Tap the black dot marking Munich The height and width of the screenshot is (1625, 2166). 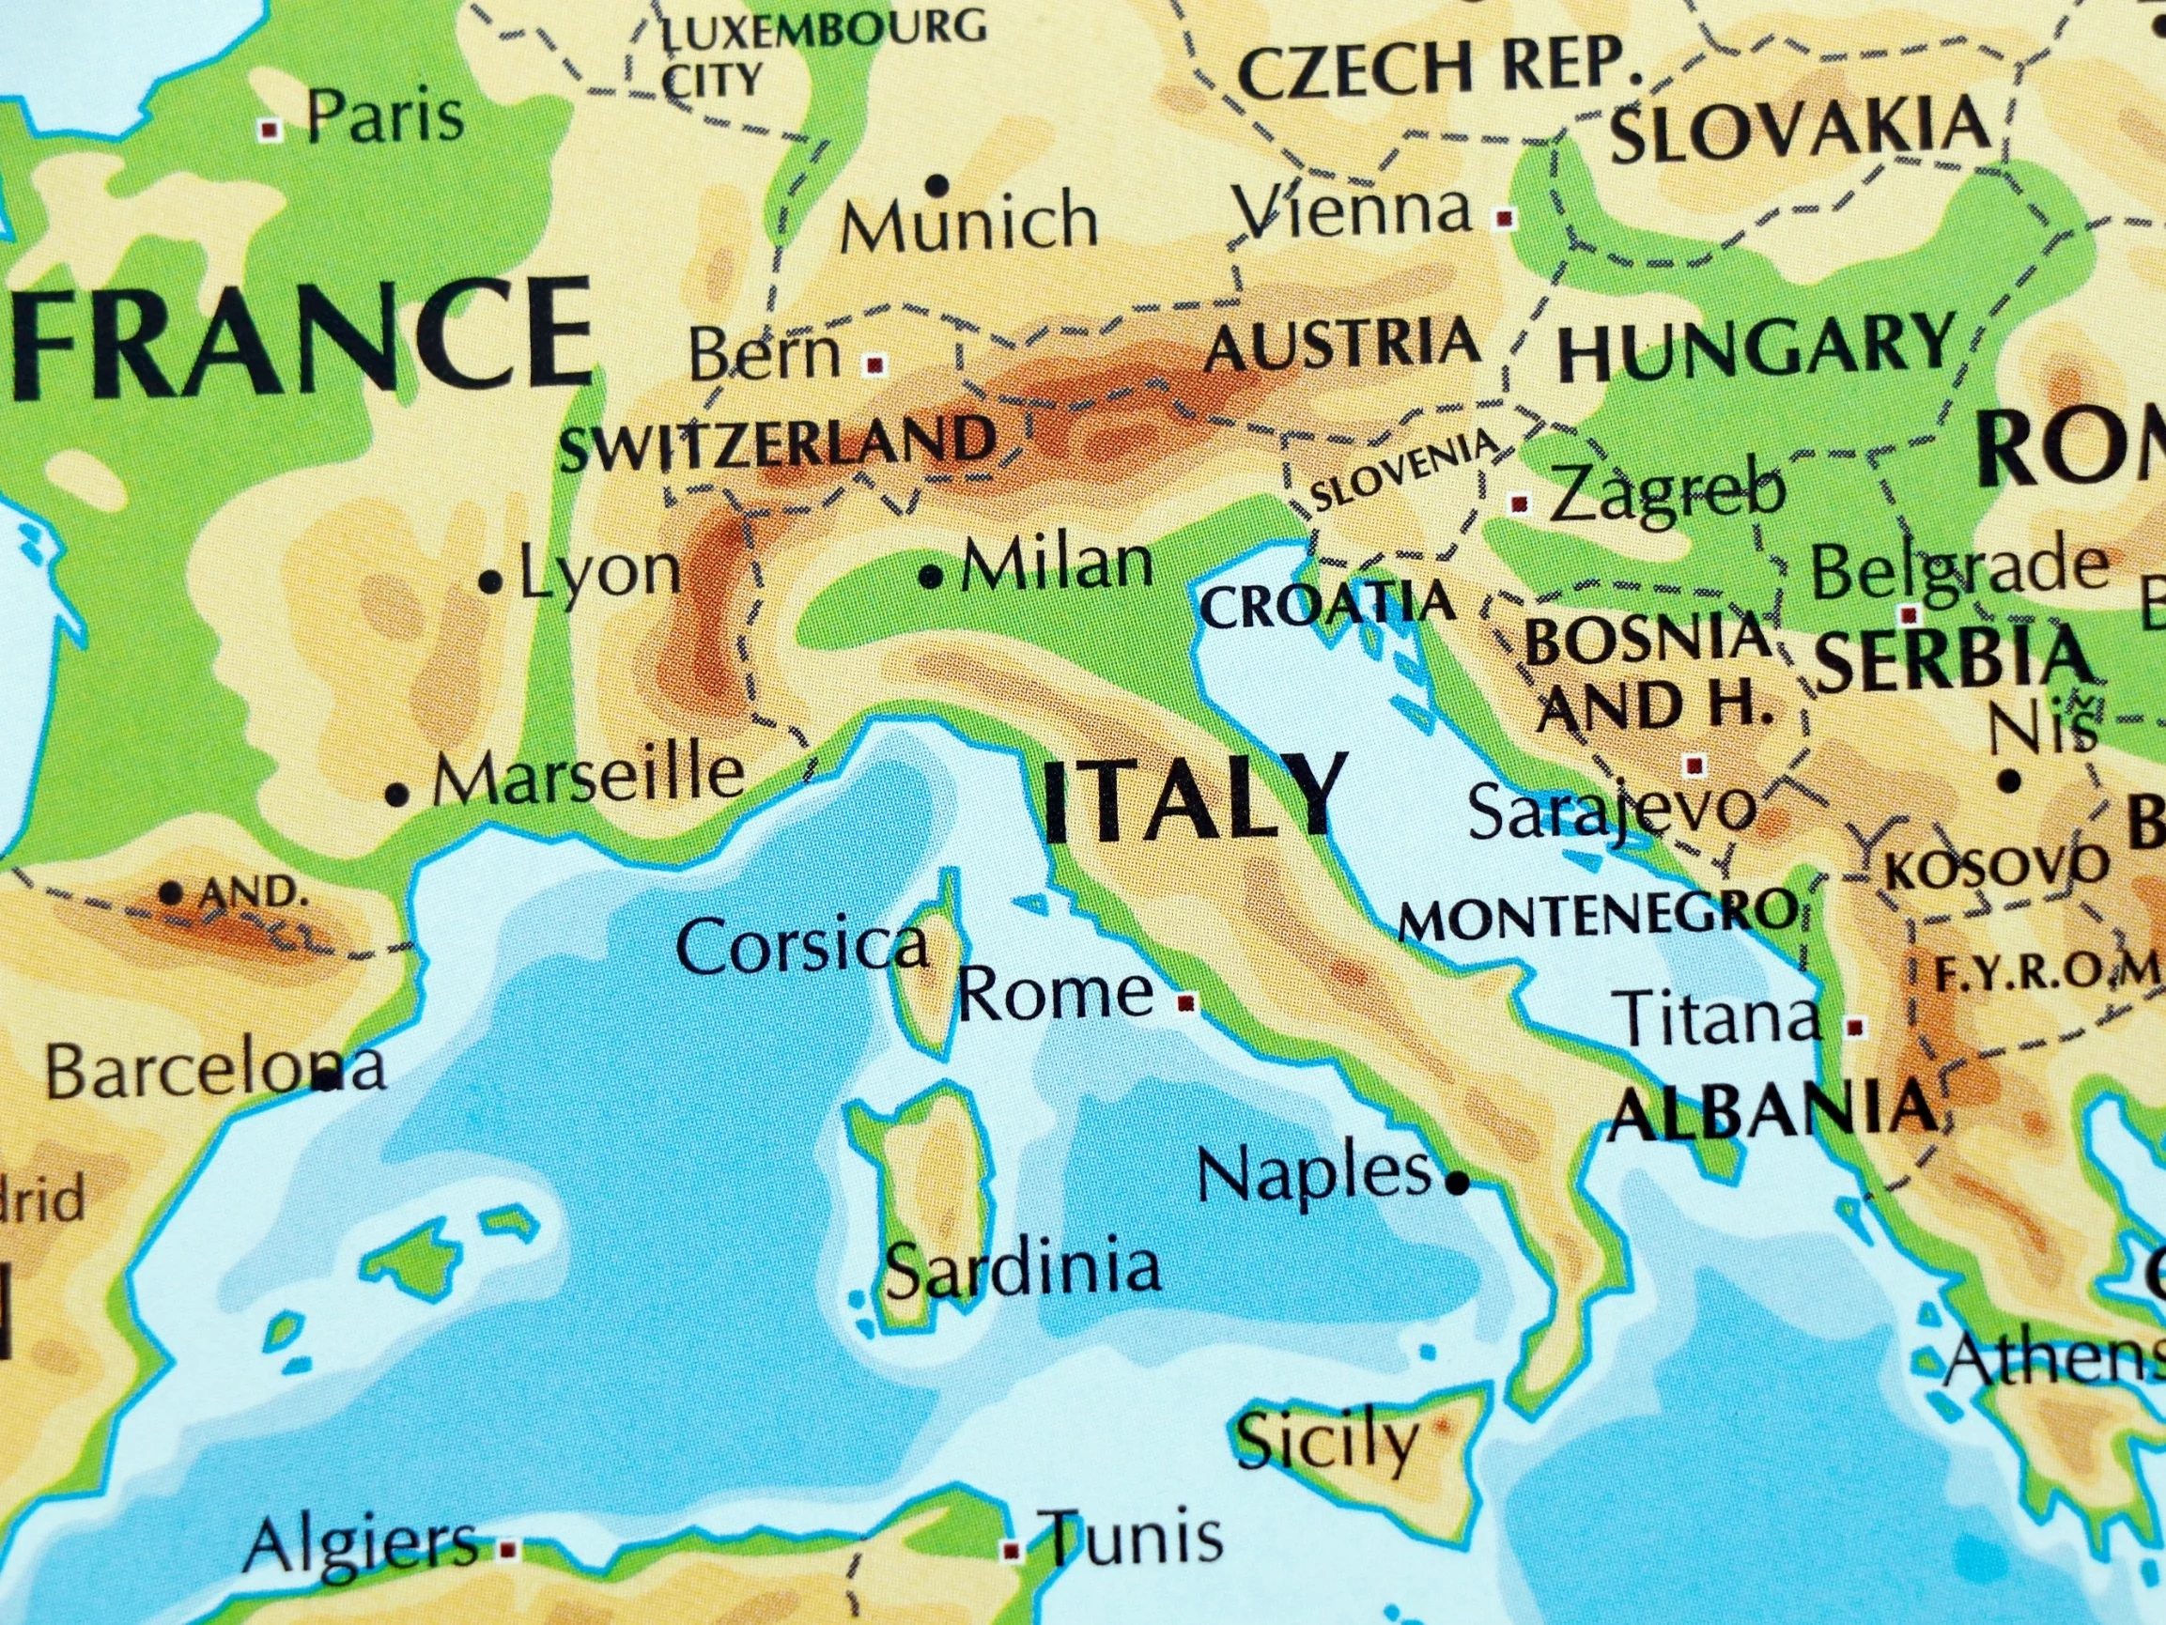pyautogui.click(x=939, y=183)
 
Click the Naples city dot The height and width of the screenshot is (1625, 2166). pyautogui.click(x=1458, y=1184)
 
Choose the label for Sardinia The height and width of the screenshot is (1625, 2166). pyautogui.click(x=1022, y=1267)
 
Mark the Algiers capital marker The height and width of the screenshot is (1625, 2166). pyautogui.click(x=507, y=1550)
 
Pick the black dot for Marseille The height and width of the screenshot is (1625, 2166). pyautogui.click(x=396, y=796)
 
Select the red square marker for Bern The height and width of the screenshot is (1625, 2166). pyautogui.click(x=875, y=365)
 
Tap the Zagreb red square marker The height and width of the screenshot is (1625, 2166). pyautogui.click(x=1520, y=503)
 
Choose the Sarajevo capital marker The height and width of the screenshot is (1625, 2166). pyautogui.click(x=1695, y=764)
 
